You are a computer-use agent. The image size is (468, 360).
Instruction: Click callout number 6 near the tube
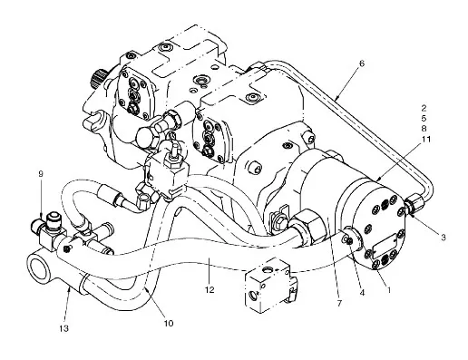coord(362,63)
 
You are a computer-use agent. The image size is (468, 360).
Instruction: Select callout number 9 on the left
coord(41,174)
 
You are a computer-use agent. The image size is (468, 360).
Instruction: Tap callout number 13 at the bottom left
coord(64,328)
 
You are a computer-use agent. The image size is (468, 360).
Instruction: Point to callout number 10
coord(169,324)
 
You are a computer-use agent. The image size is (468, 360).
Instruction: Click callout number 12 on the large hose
coord(210,289)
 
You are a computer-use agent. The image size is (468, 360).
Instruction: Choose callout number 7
coord(339,303)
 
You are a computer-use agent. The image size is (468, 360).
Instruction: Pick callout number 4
coord(362,292)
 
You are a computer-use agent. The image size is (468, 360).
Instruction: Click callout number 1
coord(389,290)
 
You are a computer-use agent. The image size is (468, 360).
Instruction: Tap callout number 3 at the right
coord(443,238)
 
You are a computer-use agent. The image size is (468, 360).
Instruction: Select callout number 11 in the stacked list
coord(424,140)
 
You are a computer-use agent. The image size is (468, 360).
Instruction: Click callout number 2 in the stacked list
coord(424,108)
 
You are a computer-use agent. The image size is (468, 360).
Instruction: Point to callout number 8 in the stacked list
coord(424,128)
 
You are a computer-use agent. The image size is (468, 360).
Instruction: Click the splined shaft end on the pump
coord(98,77)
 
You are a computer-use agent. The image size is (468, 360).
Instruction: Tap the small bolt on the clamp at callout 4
coord(350,240)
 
